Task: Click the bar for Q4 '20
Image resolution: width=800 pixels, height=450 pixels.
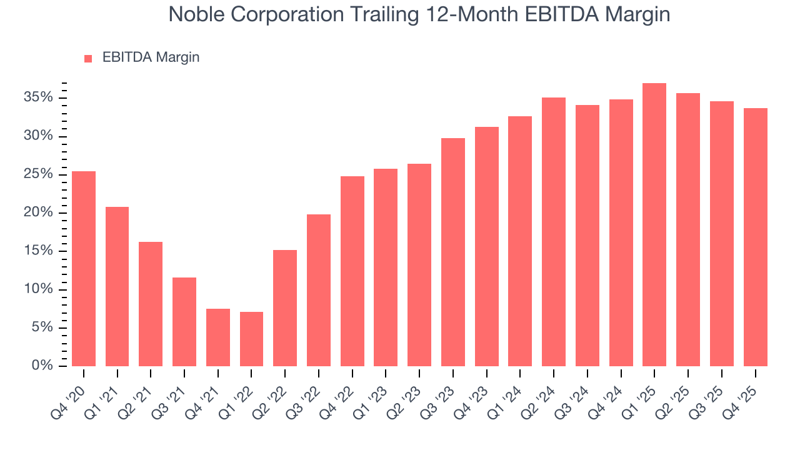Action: (x=84, y=269)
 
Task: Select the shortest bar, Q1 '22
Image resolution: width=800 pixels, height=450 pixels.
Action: (x=251, y=339)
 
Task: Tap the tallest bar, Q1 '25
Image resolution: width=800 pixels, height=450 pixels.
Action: (x=654, y=224)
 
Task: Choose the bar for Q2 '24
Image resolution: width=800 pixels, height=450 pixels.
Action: (x=554, y=232)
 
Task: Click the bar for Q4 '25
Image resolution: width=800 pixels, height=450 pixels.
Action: (x=755, y=237)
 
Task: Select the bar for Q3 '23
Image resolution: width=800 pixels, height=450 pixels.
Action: (x=453, y=252)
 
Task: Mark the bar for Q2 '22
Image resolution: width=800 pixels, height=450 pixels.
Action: (x=285, y=308)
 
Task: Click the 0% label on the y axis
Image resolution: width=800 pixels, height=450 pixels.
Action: (x=42, y=366)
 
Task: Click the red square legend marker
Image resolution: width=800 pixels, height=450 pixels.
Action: (x=88, y=59)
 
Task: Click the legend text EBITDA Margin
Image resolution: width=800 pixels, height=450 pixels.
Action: (x=151, y=57)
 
